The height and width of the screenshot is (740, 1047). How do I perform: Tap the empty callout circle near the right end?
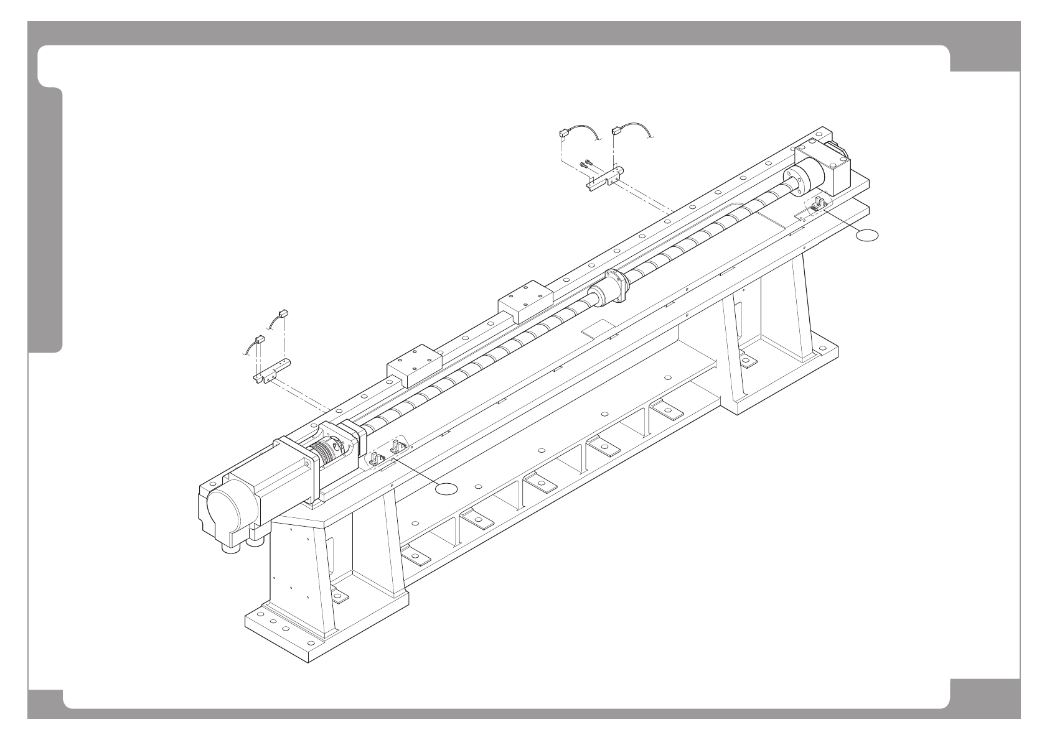[x=867, y=235]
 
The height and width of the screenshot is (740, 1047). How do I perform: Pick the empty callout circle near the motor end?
[x=446, y=489]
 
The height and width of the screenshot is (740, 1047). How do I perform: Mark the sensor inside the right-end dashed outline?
[x=817, y=205]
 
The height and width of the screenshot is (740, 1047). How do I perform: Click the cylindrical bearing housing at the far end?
[x=807, y=177]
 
